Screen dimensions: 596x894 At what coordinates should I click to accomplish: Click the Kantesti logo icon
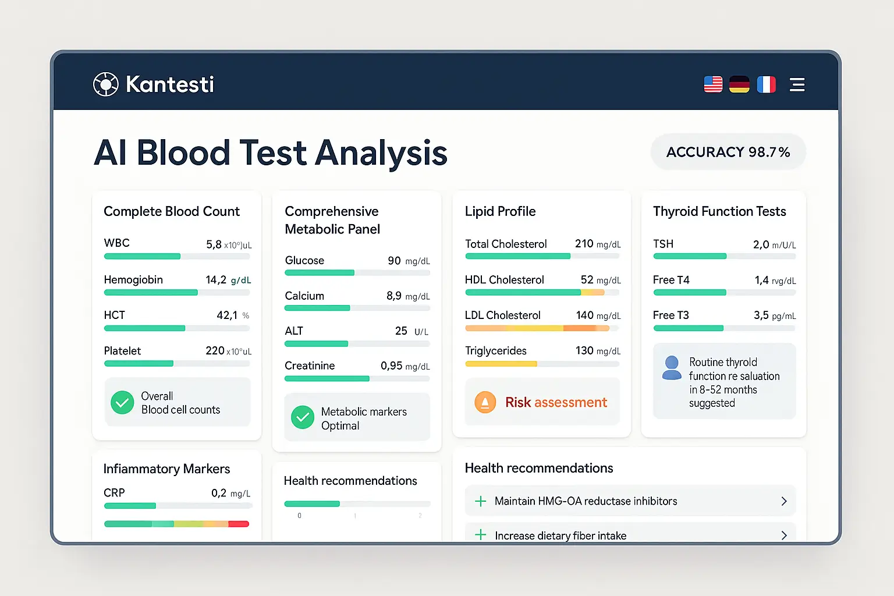click(x=106, y=84)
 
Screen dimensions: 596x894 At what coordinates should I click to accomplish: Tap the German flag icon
click(x=739, y=84)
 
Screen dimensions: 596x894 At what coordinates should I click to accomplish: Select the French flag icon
click(x=766, y=84)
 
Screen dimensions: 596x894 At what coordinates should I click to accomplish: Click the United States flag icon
click(x=713, y=84)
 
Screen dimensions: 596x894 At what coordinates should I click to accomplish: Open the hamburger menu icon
click(x=797, y=84)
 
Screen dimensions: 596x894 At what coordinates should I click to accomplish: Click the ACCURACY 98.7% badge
click(x=728, y=152)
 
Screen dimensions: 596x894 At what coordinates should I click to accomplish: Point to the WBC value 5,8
click(x=214, y=244)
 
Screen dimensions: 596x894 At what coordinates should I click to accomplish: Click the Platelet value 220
click(x=215, y=350)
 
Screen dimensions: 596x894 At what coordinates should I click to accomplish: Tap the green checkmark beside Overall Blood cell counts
click(x=122, y=402)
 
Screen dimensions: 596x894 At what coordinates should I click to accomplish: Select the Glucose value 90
click(x=394, y=261)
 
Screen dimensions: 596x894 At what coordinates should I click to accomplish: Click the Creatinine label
click(x=310, y=366)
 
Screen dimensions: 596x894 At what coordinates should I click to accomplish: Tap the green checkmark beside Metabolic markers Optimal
click(x=303, y=417)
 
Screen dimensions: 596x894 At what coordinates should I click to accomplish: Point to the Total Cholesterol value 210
click(x=584, y=243)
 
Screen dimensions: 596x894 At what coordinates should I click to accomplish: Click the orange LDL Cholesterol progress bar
click(x=537, y=328)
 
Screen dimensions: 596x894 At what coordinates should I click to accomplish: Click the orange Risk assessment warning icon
click(x=485, y=402)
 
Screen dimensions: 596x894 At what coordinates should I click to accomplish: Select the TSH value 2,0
click(x=761, y=244)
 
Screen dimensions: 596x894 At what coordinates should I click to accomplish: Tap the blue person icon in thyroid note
click(x=672, y=368)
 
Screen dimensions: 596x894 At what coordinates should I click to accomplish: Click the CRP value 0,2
click(x=219, y=493)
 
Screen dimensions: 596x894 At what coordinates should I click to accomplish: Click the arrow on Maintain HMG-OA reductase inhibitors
click(x=783, y=501)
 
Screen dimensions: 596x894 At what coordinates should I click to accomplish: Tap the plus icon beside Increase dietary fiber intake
click(x=480, y=535)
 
